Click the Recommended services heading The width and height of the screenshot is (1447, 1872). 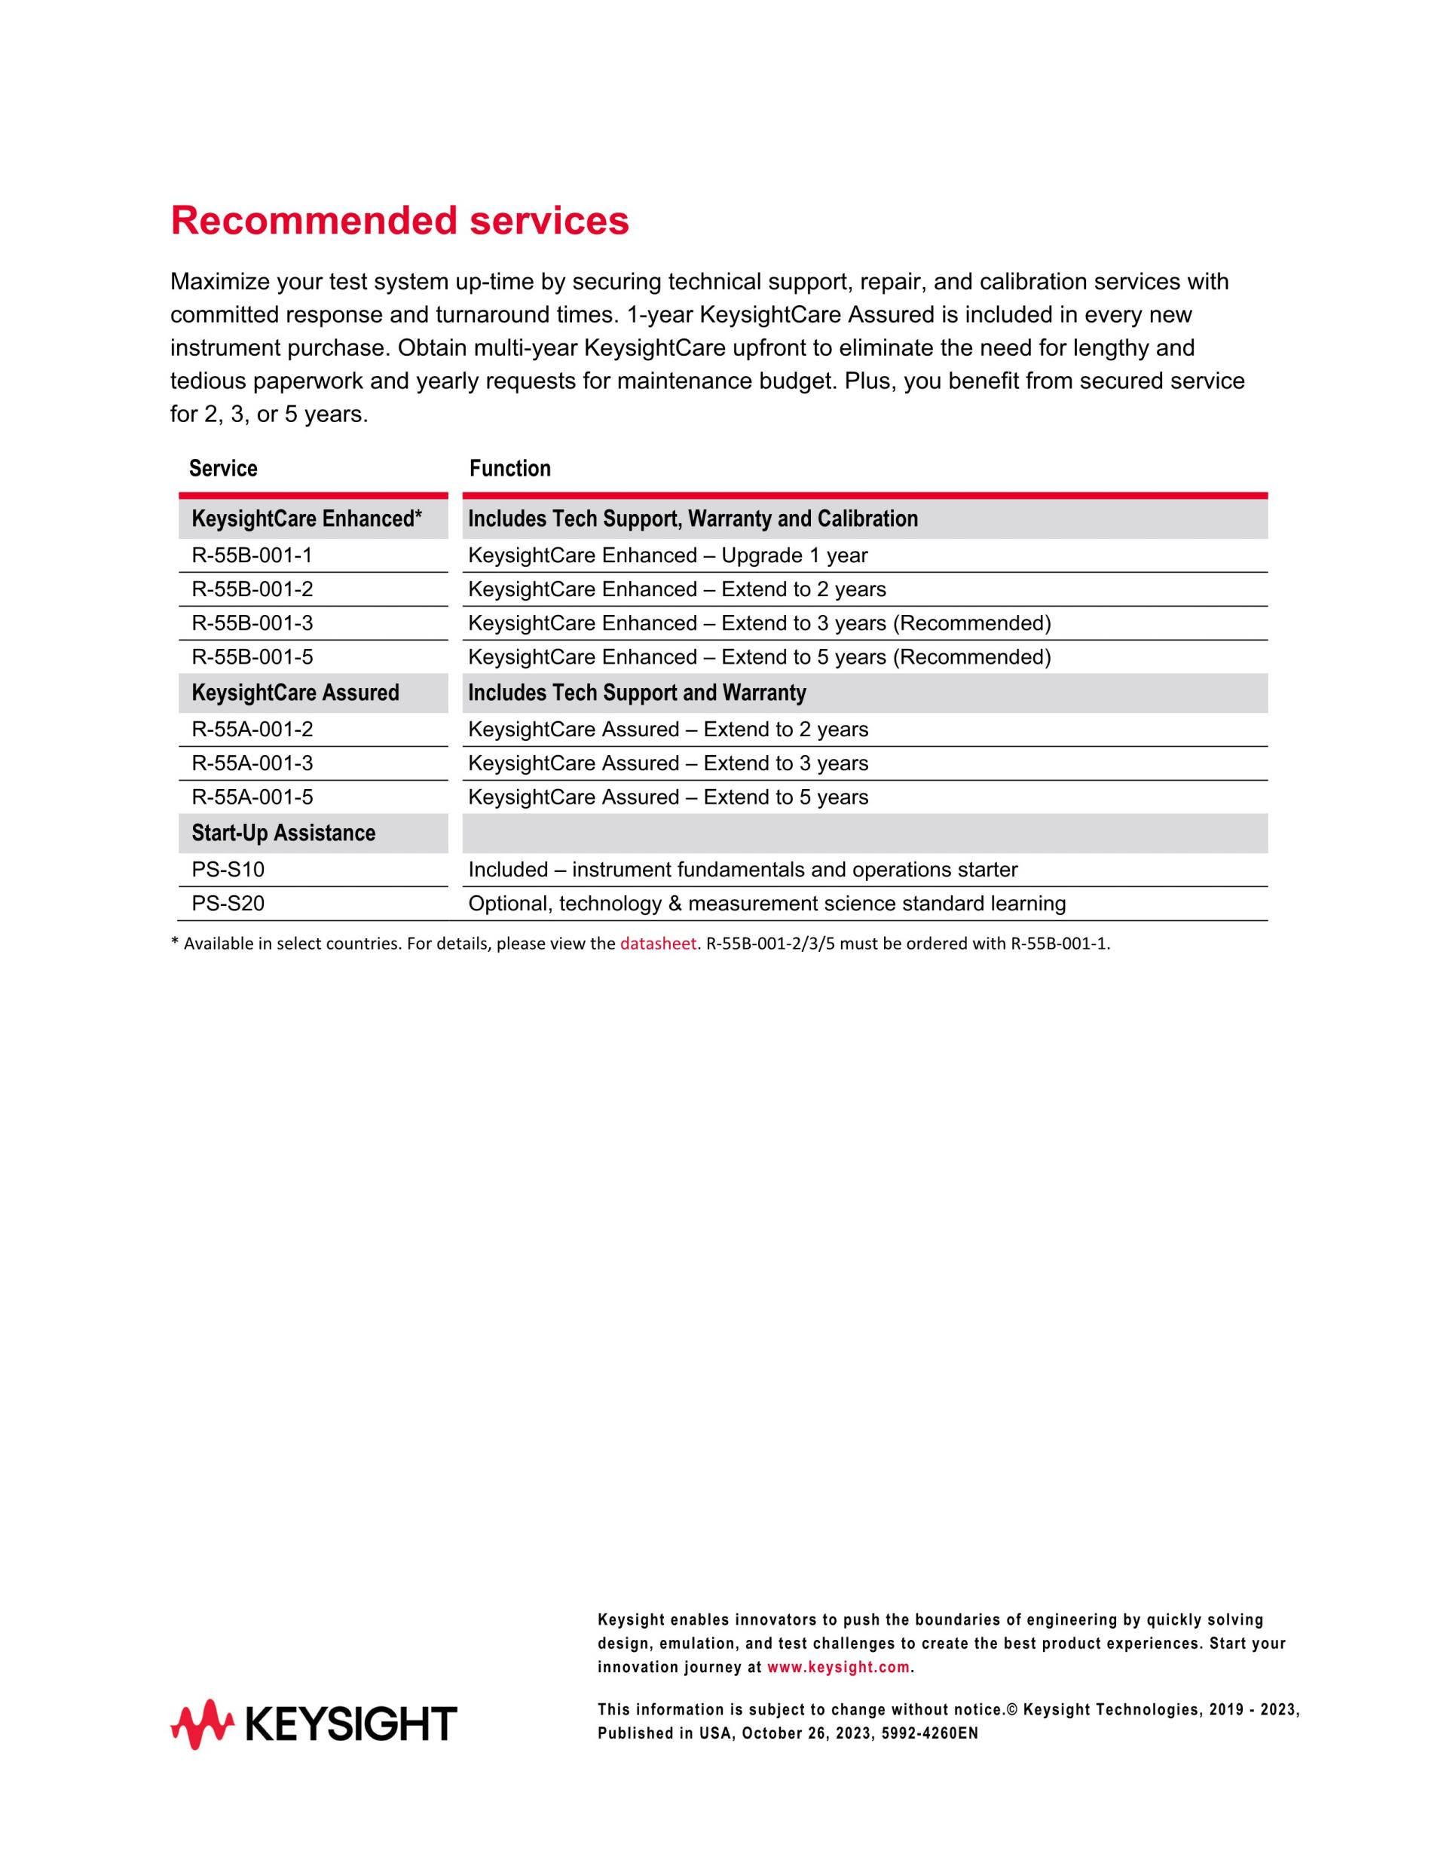(399, 221)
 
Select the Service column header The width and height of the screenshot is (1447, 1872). (223, 468)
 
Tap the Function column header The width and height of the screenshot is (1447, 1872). (510, 468)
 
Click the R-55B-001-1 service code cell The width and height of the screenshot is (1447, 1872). (252, 555)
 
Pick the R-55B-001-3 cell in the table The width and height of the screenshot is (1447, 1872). (252, 623)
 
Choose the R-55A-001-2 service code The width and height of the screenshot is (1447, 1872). (252, 730)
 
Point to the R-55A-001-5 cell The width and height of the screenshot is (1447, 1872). (252, 797)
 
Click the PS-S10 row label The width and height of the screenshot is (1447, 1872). (228, 869)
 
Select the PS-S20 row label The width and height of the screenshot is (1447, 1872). (228, 904)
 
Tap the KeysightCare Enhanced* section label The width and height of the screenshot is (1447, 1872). (306, 518)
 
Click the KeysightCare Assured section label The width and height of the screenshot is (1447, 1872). (295, 693)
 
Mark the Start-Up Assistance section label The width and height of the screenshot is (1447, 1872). (283, 834)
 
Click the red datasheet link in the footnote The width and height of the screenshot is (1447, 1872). (657, 944)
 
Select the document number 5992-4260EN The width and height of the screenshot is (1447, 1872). (929, 1733)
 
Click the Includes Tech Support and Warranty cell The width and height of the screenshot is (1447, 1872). (637, 693)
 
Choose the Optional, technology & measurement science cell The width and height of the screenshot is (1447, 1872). (766, 904)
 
